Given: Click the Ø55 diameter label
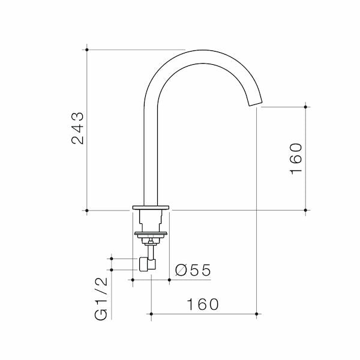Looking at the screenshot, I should coord(193,271).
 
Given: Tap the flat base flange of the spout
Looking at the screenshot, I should coord(151,208).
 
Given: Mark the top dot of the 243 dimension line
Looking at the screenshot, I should coord(88,50).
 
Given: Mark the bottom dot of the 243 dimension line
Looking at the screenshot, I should coord(88,211).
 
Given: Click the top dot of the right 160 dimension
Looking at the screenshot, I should coord(306,107).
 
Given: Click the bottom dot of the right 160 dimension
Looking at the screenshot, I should coord(306,211).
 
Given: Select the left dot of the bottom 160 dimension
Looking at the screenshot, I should coord(151,314).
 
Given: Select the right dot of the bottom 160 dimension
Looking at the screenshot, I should coord(257,314).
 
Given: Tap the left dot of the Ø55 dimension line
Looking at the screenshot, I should coord(133,280).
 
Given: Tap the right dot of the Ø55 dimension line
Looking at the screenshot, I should coord(169,280).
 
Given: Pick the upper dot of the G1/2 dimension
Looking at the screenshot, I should coord(110,259).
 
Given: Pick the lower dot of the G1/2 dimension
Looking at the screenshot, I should coord(110,269).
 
